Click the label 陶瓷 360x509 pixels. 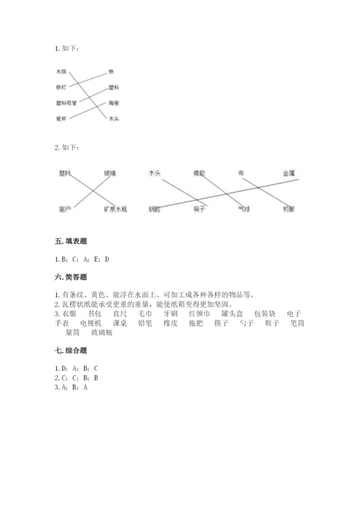[x=113, y=103]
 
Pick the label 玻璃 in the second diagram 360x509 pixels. [x=109, y=174]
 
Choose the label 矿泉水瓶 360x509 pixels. [x=115, y=210]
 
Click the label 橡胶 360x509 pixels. [x=199, y=174]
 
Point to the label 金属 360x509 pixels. [x=289, y=174]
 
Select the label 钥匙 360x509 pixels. [x=154, y=210]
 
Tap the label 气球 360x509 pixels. [x=243, y=210]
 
